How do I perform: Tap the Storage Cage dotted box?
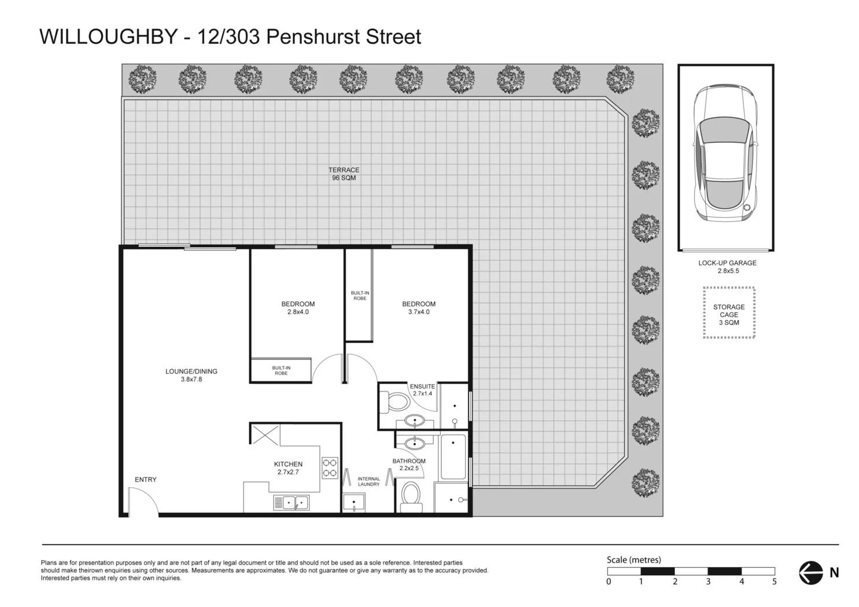click(729, 313)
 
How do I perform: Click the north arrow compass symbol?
click(811, 573)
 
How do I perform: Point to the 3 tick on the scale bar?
click(708, 582)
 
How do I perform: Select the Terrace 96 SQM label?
click(344, 174)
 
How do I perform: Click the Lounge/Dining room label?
click(191, 375)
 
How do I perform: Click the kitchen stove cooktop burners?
click(330, 468)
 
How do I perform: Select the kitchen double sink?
click(292, 503)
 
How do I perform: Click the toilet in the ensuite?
click(397, 401)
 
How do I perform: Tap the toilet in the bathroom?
click(411, 496)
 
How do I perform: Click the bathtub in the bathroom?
click(453, 457)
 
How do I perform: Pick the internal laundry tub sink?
click(353, 503)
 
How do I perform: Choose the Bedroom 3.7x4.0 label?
click(419, 308)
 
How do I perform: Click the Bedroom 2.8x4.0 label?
click(298, 308)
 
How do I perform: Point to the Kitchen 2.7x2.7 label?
click(288, 468)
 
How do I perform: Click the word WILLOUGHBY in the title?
click(108, 36)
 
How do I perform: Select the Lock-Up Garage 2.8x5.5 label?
click(727, 267)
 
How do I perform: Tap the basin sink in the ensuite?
click(414, 420)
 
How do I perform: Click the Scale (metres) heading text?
click(633, 560)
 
